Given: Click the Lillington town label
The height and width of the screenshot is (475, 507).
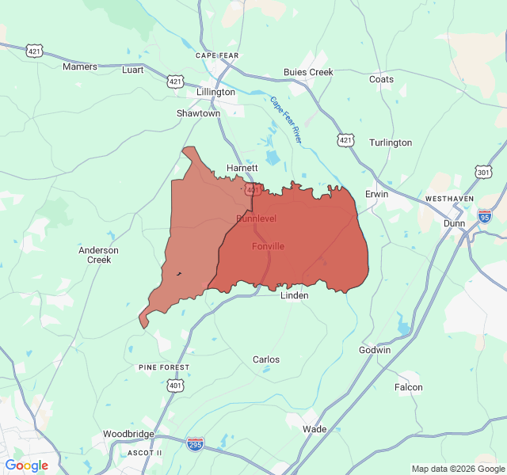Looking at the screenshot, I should (x=216, y=92).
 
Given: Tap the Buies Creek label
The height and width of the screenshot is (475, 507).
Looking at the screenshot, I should (x=308, y=72).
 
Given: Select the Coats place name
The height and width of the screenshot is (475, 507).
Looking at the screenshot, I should (x=381, y=79).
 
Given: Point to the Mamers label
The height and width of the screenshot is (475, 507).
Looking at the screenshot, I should (x=80, y=66).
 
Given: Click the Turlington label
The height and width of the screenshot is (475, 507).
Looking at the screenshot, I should (x=391, y=142).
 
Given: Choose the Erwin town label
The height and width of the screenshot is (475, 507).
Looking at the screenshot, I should (x=376, y=194).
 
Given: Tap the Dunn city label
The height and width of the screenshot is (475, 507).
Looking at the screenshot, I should (x=455, y=223).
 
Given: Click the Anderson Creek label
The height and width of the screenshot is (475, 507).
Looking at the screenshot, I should (x=98, y=255).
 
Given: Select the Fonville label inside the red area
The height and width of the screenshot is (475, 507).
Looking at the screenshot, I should (x=268, y=246).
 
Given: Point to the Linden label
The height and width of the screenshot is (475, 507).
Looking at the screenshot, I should (x=295, y=295).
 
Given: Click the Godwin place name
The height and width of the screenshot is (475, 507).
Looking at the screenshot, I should (x=375, y=350).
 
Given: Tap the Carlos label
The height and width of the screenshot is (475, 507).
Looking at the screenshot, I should (x=265, y=359).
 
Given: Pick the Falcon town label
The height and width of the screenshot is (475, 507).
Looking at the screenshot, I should (x=409, y=387).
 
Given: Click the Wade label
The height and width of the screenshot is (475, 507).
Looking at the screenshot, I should (x=314, y=429).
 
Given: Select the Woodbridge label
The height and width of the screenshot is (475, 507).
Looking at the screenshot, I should (x=128, y=434).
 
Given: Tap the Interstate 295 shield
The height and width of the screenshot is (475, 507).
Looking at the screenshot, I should (x=195, y=443).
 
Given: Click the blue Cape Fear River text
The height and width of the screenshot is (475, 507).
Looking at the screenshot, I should (x=286, y=120).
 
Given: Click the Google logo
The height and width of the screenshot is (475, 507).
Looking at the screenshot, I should (x=26, y=465).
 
